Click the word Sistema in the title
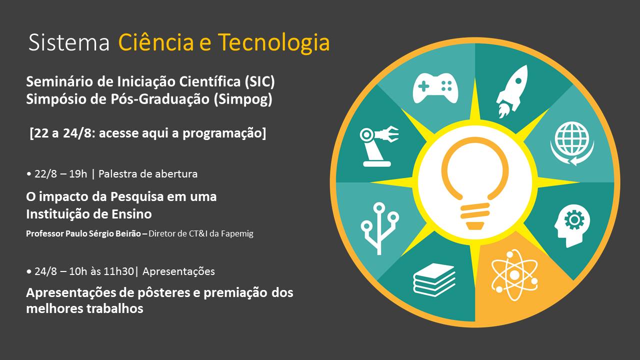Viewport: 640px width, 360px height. pos(69,42)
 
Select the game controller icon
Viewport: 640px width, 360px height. pos(435,88)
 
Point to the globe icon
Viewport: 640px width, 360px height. pos(572,143)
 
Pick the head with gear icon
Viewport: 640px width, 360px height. pos(572,225)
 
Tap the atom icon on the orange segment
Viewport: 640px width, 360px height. pos(514,275)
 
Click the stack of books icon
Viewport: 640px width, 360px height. pos(434,279)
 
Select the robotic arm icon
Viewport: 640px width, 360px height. pos(379,146)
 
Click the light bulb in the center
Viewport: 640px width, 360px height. pos(475,183)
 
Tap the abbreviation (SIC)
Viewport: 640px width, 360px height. pos(259,81)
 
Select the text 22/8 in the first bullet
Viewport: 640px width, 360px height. pos(45,173)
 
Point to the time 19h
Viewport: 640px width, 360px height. pos(77,173)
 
